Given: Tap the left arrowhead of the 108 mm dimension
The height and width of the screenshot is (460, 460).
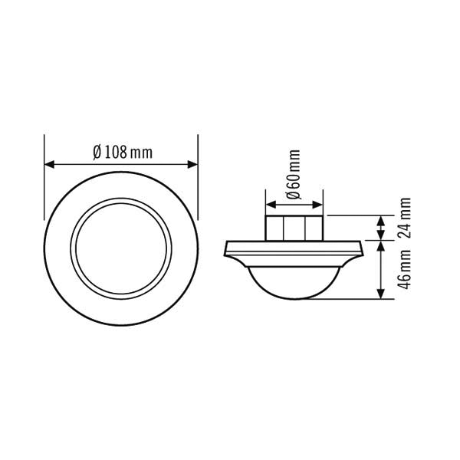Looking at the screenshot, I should point(49,163).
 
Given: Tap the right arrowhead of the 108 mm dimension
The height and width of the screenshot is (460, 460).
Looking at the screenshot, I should point(193,163).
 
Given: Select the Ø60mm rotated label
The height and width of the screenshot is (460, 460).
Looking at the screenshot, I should point(294,176).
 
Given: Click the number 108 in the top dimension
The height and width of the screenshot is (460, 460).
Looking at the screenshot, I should point(116,152).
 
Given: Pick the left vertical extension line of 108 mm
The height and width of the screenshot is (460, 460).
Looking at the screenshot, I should point(44,184).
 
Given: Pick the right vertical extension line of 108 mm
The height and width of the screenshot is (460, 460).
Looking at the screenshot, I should point(198,184).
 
